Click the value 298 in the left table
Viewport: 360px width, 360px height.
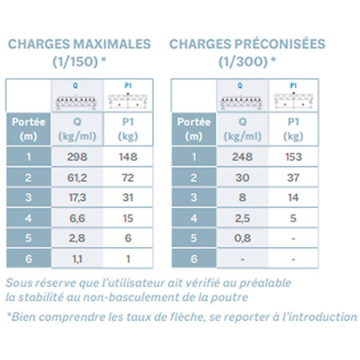77,157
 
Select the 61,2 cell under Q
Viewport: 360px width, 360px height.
77,178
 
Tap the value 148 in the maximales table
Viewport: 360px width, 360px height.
128,157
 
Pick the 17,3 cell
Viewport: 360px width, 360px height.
77,198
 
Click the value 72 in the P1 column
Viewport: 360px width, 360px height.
128,178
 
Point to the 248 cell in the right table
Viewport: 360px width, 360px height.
242,157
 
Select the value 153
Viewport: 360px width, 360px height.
294,157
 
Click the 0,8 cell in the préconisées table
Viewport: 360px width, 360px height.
242,238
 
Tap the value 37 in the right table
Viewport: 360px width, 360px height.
294,178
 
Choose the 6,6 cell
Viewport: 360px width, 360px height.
77,218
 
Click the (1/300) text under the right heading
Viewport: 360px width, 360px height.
243,62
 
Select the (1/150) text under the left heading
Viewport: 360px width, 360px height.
75,62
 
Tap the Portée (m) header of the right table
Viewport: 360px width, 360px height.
194,130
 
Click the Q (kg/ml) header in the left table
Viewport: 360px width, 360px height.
77,130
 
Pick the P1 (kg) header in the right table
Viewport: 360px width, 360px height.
294,130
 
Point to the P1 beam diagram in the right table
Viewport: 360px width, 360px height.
294,100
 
